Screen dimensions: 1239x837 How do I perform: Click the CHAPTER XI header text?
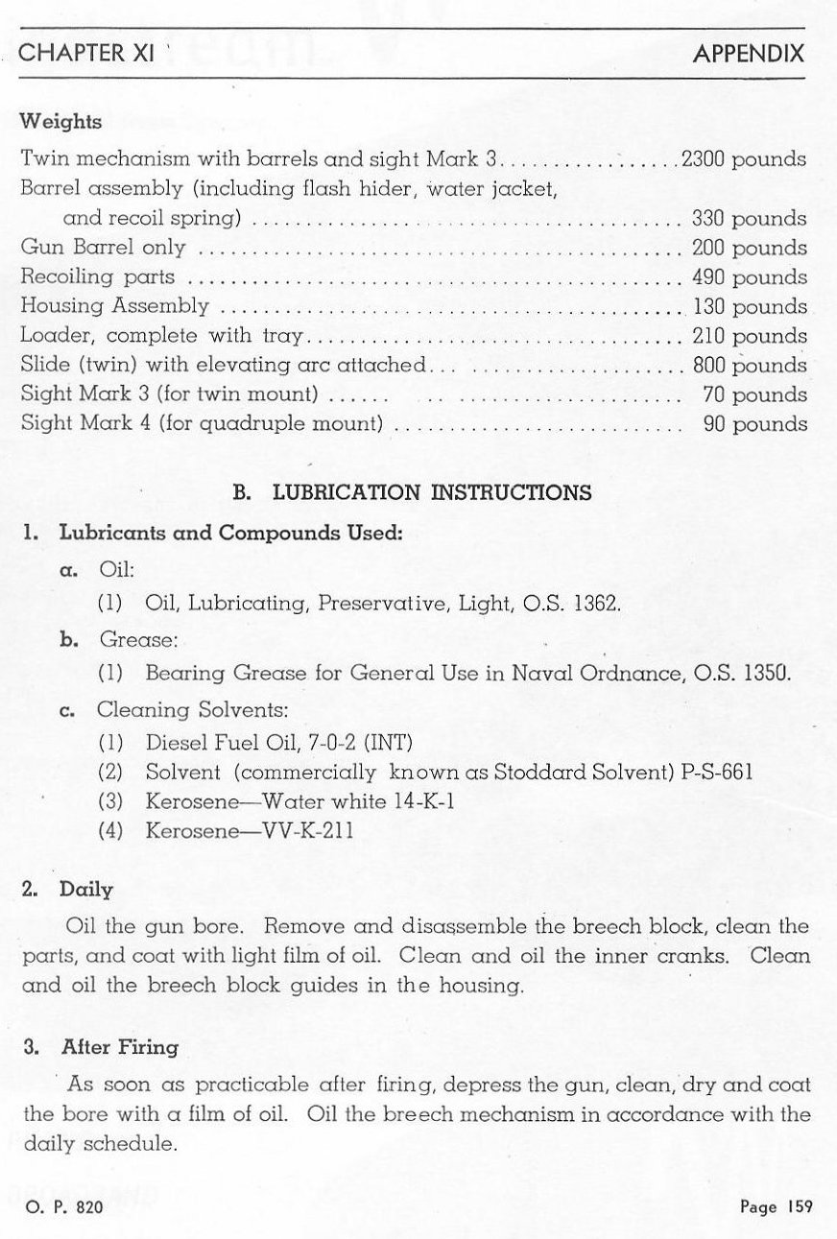click(87, 53)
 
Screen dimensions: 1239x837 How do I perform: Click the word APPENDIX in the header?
click(749, 53)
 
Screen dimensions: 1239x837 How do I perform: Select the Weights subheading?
click(61, 123)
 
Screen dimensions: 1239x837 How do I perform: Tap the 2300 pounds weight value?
click(743, 159)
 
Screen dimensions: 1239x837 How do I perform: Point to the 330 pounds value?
click(749, 219)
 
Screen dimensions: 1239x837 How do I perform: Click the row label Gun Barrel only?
click(103, 249)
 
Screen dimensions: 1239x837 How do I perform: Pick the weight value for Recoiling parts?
click(749, 277)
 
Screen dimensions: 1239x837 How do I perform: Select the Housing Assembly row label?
click(115, 307)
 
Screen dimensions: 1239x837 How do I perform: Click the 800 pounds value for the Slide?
click(749, 366)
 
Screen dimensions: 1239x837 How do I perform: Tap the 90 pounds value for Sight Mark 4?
click(754, 424)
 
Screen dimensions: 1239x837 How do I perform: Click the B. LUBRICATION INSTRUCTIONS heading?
click(413, 493)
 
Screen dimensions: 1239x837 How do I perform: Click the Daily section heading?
click(86, 889)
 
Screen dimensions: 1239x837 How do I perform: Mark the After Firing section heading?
click(119, 1047)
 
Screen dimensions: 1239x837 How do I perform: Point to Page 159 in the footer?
click(776, 1207)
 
